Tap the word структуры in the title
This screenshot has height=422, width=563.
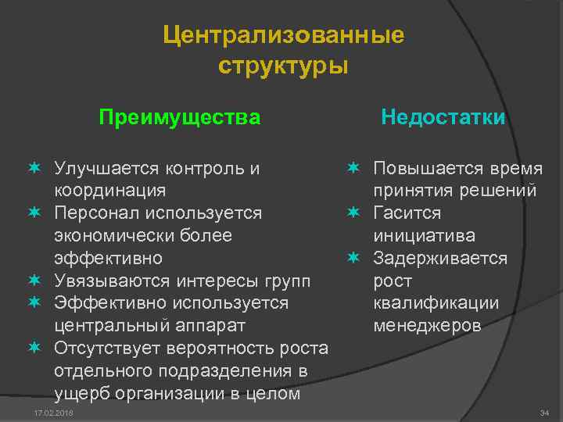[x=283, y=66]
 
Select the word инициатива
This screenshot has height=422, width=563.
[x=424, y=235]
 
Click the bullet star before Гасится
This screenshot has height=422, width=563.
[x=353, y=213]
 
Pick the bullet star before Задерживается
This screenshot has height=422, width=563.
[x=353, y=258]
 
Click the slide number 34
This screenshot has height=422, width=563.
[x=544, y=412]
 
